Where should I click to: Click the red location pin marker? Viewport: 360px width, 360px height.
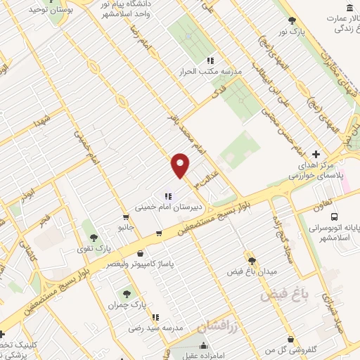pos(181,165)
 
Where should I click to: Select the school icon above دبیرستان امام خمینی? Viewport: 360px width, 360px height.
pos(167,195)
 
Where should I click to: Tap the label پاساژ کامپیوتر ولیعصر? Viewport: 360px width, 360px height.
pos(141,264)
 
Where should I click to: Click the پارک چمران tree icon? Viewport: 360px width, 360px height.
pos(127,294)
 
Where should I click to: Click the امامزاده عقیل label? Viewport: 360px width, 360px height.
pos(203,356)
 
